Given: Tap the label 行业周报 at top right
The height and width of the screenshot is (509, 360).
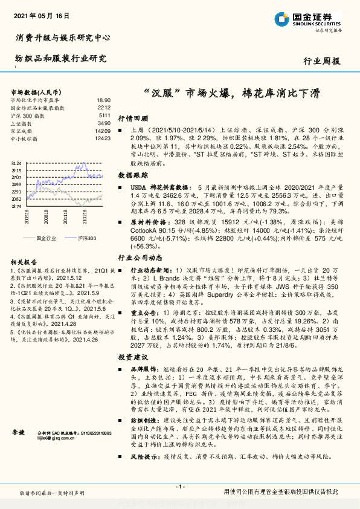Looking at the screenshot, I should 321,61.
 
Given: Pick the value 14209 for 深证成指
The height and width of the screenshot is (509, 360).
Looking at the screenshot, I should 103,131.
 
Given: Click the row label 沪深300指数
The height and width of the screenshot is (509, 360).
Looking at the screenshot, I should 27,115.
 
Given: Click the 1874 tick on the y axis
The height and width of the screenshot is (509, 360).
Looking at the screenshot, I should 16,206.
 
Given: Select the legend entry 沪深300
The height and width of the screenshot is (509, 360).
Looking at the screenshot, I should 87,238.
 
